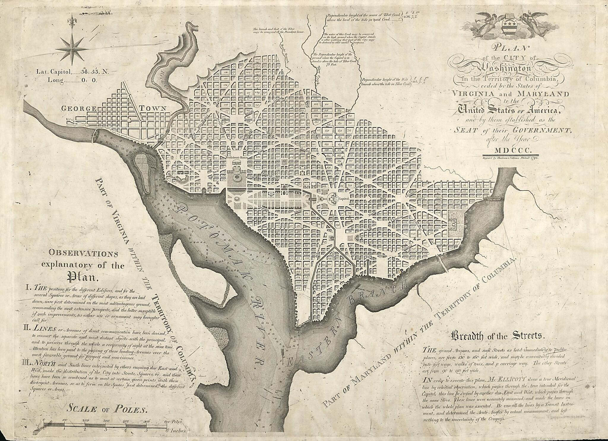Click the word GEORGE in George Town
click(79, 109)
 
